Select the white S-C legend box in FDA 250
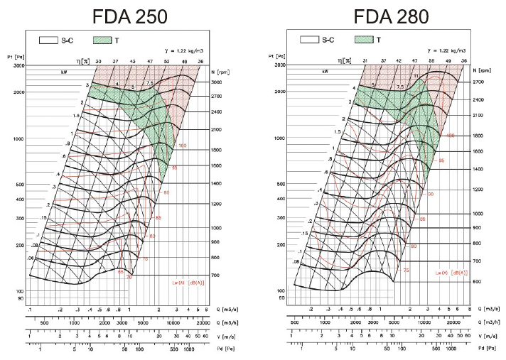(51, 42)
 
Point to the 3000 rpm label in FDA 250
(216, 82)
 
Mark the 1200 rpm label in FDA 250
(216, 204)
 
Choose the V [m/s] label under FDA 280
(485, 336)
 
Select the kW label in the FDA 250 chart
(65, 72)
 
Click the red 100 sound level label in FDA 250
(183, 146)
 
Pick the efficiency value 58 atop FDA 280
(431, 62)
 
